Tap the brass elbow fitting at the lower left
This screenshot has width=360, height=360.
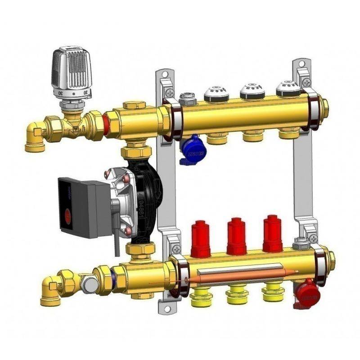49,291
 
